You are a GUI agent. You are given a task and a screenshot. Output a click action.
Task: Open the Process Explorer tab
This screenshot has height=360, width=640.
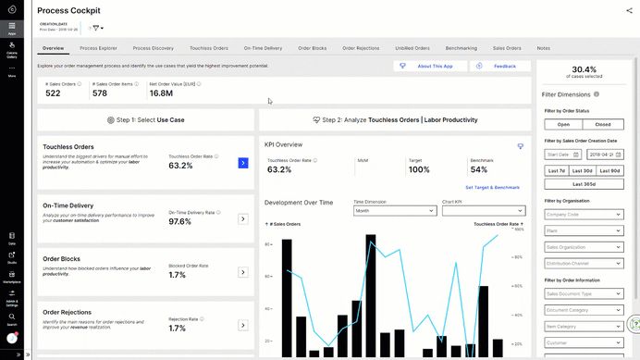pyautogui.click(x=98, y=47)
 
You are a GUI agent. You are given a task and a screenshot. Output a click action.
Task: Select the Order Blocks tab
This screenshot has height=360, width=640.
pyautogui.click(x=313, y=47)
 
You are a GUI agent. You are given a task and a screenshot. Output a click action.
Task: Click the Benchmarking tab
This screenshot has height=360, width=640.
pyautogui.click(x=461, y=47)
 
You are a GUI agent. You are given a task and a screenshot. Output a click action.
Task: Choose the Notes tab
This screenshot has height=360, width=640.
pyautogui.click(x=543, y=47)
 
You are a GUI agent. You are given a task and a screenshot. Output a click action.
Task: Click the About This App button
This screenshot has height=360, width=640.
pyautogui.click(x=429, y=67)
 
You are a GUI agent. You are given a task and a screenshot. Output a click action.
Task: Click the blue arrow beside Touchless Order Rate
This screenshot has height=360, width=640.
pyautogui.click(x=243, y=163)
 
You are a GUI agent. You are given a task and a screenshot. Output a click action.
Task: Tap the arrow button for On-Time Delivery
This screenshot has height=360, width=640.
pyautogui.click(x=243, y=219)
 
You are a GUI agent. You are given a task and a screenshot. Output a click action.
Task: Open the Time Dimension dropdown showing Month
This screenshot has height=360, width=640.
pyautogui.click(x=394, y=211)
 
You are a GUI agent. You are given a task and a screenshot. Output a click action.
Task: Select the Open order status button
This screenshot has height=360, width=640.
pyautogui.click(x=563, y=124)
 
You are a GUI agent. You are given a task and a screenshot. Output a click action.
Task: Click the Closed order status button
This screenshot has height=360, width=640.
pyautogui.click(x=602, y=124)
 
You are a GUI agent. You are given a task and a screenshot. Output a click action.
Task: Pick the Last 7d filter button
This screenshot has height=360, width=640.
pyautogui.click(x=557, y=170)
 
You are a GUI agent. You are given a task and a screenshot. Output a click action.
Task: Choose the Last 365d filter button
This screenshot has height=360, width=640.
pyautogui.click(x=583, y=184)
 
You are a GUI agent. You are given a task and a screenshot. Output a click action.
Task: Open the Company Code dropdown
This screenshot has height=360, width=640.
pyautogui.click(x=583, y=214)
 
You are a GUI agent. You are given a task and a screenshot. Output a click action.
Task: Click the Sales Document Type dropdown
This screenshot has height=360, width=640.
pyautogui.click(x=583, y=293)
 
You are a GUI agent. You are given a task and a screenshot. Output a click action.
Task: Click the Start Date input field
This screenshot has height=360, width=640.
pyautogui.click(x=561, y=155)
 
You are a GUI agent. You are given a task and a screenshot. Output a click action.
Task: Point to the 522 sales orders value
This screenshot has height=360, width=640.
pyautogui.click(x=54, y=93)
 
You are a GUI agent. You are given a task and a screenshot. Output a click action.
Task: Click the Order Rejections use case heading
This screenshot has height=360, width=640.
pyautogui.click(x=68, y=313)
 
